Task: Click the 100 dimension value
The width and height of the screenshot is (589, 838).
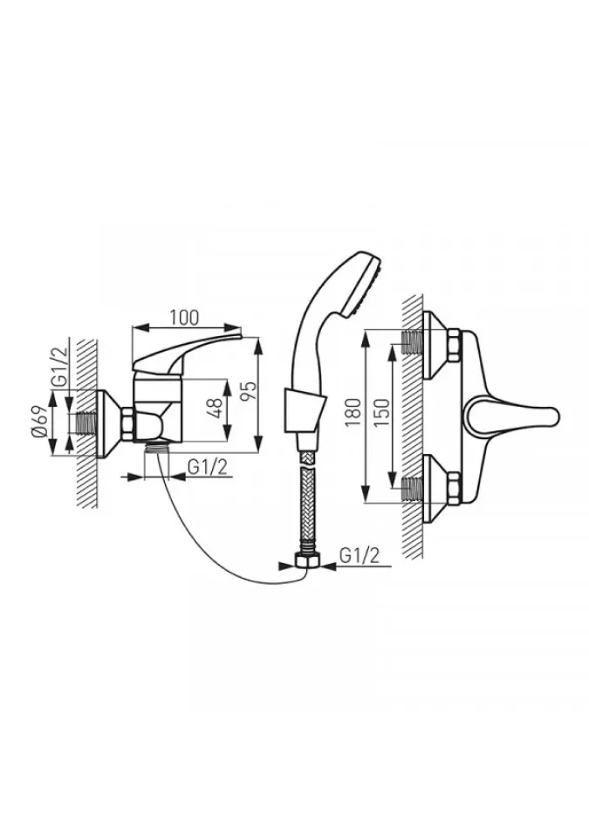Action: (x=184, y=317)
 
